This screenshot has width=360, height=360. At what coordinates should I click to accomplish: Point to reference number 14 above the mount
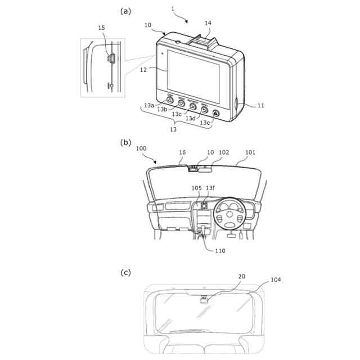[x=208, y=24]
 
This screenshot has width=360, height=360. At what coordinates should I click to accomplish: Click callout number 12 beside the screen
[x=144, y=70]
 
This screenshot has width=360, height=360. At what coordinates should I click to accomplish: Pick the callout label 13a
[x=148, y=105]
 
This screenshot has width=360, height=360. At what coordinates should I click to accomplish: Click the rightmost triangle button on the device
[x=216, y=113]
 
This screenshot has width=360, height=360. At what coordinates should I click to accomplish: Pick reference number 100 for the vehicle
[x=141, y=149]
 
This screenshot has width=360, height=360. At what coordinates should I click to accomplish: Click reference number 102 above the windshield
[x=224, y=152]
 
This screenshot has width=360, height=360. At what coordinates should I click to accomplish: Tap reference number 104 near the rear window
[x=276, y=280]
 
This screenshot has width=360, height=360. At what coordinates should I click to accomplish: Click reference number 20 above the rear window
[x=241, y=277]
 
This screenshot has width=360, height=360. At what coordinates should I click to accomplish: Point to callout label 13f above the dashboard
[x=210, y=188]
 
